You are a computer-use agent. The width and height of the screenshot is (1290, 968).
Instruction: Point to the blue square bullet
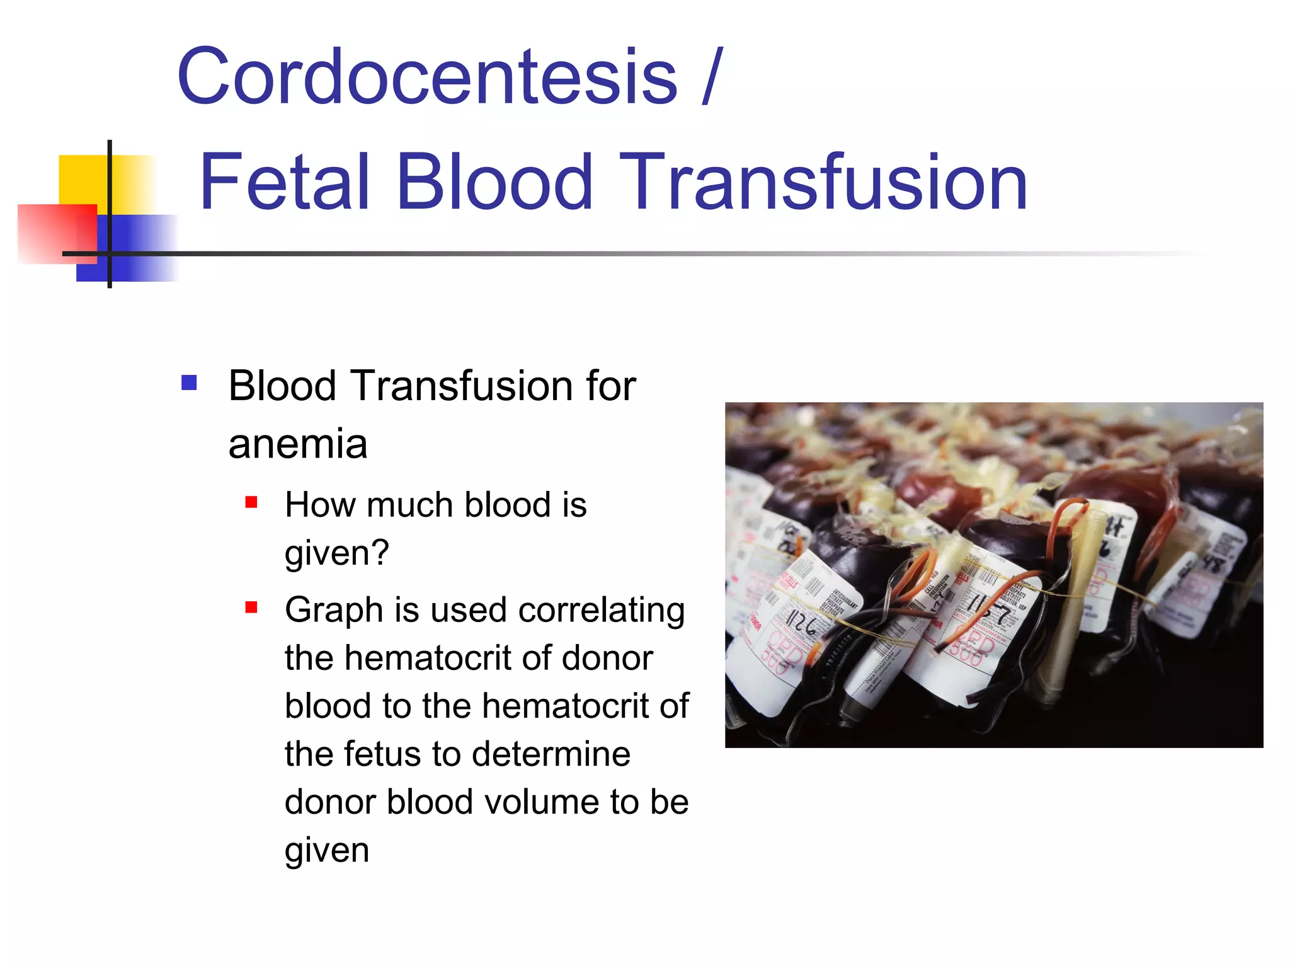click(x=189, y=383)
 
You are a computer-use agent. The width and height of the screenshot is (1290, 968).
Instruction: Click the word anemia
click(x=297, y=444)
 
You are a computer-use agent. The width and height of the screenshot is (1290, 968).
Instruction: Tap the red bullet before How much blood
click(x=251, y=502)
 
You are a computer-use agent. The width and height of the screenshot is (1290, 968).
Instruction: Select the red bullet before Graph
click(x=251, y=608)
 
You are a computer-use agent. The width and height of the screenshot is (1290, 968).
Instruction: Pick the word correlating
click(x=602, y=610)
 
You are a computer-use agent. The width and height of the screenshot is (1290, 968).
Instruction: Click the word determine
click(x=551, y=754)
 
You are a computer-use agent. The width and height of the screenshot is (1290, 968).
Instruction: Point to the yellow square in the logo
click(x=85, y=180)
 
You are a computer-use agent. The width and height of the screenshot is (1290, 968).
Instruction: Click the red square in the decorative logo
click(x=57, y=233)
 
